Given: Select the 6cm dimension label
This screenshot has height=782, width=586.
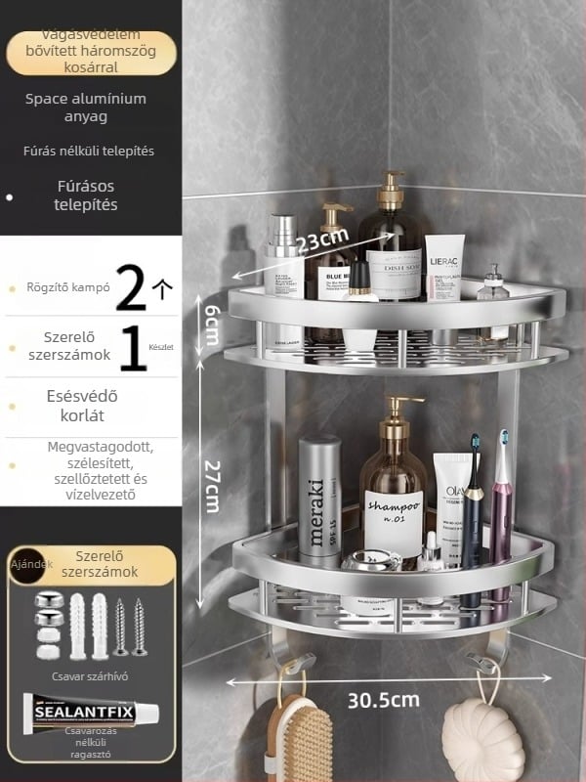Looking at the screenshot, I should [210, 323].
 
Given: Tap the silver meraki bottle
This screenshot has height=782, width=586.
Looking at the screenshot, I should [319, 499].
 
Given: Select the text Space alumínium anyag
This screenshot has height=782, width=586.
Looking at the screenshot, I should [86, 108].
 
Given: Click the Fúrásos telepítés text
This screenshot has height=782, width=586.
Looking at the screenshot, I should [86, 195].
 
